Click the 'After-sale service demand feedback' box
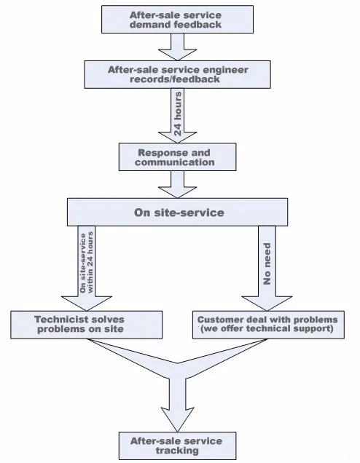(177, 19)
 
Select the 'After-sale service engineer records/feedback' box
(177, 74)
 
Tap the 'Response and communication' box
(177, 157)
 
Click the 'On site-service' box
(177, 212)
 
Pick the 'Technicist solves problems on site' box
(86, 325)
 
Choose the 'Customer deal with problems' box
(268, 325)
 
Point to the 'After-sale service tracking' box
(177, 446)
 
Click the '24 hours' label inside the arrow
(177, 114)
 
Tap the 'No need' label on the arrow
(267, 264)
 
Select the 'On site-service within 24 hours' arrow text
(86, 262)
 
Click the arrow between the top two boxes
(177, 47)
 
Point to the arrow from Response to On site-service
(177, 184)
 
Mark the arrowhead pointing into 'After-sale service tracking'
(177, 419)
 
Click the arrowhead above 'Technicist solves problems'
(86, 304)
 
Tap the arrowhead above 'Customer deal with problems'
(267, 304)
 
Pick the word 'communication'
(175, 162)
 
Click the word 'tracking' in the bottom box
(177, 451)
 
